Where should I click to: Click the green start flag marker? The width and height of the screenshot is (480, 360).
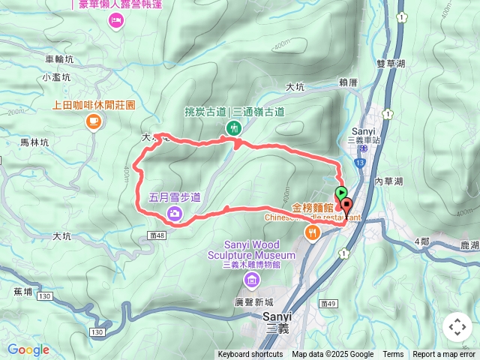point(341,193)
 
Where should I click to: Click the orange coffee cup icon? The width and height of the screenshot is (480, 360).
point(93,121)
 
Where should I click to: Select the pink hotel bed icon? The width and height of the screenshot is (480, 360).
point(116,20)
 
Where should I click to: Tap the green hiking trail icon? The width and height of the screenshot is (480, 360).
point(234,128)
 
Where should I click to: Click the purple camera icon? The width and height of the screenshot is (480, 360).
point(174,214)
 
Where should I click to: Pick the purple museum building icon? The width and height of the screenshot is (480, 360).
point(251,280)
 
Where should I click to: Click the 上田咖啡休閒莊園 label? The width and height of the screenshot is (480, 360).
point(94,106)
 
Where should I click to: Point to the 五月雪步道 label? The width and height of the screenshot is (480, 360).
point(175,198)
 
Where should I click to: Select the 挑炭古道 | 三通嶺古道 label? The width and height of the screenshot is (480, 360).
point(234,112)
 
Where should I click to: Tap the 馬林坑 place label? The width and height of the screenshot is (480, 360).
point(34,142)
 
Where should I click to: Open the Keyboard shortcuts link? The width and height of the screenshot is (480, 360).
point(250,355)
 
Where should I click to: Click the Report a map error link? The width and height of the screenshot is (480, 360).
point(445,355)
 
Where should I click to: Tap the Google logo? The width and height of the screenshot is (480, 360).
point(28,349)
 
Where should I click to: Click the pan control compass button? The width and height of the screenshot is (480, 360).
point(457,328)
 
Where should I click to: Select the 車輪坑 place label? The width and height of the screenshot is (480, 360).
point(60,58)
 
